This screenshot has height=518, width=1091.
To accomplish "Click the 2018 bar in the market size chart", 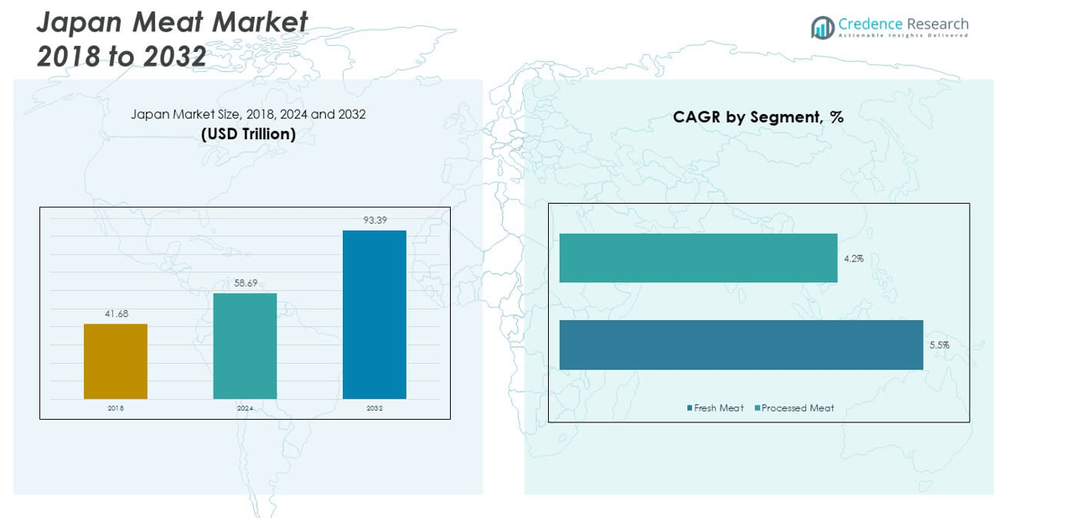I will click(x=116, y=361).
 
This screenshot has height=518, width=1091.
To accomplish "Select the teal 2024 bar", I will click(x=245, y=345).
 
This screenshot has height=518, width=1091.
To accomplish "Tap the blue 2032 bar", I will click(x=375, y=314).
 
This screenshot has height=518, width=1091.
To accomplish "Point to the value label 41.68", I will click(x=116, y=313).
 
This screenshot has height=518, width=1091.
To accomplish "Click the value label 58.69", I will click(x=246, y=283).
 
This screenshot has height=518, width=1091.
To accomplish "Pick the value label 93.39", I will click(x=375, y=220).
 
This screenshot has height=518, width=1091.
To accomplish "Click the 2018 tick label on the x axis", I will click(x=116, y=408).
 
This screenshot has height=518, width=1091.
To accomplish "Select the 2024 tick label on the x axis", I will click(x=245, y=408).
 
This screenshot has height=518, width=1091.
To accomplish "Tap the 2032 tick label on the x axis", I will click(x=375, y=408).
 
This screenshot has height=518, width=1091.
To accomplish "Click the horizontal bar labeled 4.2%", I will click(x=698, y=258).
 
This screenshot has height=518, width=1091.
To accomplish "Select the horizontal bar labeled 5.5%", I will click(x=741, y=344).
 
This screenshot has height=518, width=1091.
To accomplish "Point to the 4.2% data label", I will click(x=854, y=258).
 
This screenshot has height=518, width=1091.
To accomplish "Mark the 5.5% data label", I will click(x=939, y=344).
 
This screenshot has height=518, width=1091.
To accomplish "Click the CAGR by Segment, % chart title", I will click(x=758, y=117).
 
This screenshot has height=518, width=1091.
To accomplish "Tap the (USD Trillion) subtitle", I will click(x=248, y=134).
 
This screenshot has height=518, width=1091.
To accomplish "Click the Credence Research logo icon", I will click(x=822, y=28).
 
